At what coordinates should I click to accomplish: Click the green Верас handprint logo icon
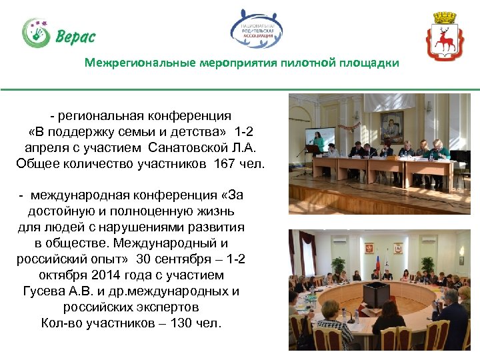[35, 33]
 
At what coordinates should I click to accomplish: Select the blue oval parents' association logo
[257, 31]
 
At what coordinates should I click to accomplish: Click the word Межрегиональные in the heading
[140, 63]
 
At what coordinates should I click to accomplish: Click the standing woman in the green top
[319, 143]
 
